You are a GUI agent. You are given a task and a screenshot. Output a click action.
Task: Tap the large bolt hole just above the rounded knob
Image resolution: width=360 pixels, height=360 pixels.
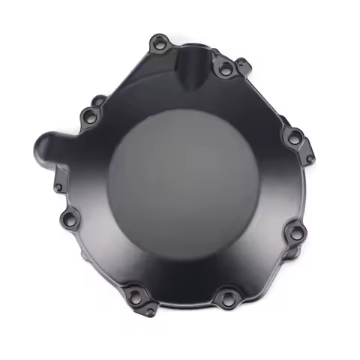[x=89, y=115]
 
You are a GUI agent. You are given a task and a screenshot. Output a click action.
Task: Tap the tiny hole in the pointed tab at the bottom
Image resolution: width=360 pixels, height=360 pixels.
[x=151, y=310]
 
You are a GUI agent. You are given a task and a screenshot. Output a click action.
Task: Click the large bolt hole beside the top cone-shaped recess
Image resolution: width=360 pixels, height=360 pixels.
[x=224, y=70]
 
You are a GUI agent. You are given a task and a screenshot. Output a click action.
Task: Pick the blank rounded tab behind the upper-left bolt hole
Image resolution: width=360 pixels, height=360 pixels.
[x=98, y=100]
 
